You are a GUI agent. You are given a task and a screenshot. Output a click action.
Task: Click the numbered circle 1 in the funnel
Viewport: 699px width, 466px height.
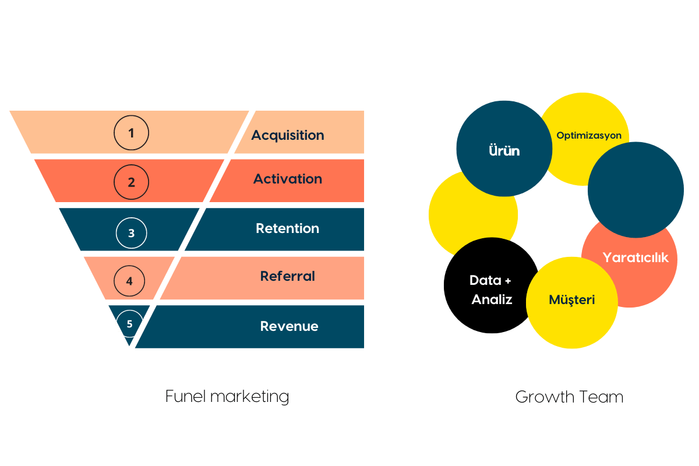[131, 133]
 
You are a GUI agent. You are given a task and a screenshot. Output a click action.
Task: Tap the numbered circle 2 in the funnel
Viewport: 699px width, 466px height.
[131, 182]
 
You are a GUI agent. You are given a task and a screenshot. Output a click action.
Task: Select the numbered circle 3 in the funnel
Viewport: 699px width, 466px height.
[131, 233]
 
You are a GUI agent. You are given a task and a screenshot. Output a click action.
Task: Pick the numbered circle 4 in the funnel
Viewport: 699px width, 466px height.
[129, 281]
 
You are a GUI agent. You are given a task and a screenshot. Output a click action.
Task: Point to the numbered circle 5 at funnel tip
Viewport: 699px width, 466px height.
[129, 323]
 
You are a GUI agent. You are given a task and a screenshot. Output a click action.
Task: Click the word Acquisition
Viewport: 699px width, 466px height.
[288, 135]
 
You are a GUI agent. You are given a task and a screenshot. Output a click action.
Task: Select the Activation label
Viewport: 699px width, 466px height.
[288, 179]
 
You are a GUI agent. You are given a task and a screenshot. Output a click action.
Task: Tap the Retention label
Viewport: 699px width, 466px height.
[288, 228]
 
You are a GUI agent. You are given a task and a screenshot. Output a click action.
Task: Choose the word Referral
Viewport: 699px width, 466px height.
[288, 276]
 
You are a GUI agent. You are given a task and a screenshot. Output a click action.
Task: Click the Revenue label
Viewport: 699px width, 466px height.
[290, 326]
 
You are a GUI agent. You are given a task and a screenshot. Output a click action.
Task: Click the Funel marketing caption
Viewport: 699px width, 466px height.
[227, 397]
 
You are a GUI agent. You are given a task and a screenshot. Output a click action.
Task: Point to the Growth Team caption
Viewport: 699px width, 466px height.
[569, 397]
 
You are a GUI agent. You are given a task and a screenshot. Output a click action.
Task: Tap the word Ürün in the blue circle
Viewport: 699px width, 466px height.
[504, 150]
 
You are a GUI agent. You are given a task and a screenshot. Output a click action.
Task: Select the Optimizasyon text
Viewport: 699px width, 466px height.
[589, 136]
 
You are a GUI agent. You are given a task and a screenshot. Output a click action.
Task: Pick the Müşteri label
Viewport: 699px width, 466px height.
[571, 300]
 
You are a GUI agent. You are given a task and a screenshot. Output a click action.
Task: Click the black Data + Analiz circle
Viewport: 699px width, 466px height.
[490, 285]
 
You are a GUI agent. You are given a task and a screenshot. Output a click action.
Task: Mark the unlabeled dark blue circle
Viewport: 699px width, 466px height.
[636, 189]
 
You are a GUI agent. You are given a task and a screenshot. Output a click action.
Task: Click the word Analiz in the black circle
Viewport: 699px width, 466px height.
[492, 299]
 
